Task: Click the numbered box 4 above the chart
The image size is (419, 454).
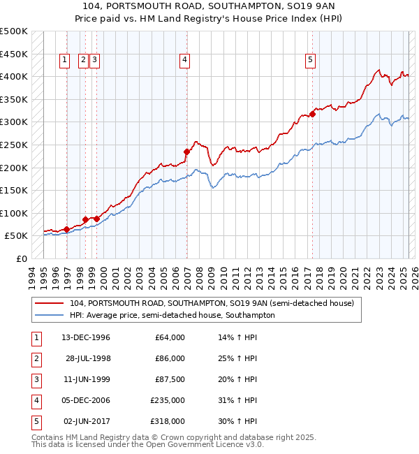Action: pyautogui.click(x=184, y=61)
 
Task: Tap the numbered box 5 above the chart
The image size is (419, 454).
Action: pyautogui.click(x=309, y=61)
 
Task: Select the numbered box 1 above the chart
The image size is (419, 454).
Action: pyautogui.click(x=64, y=61)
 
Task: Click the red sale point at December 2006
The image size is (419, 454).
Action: pyautogui.click(x=186, y=152)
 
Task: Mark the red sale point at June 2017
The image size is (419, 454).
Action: pyautogui.click(x=312, y=114)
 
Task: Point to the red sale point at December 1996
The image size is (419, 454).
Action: pyautogui.click(x=66, y=229)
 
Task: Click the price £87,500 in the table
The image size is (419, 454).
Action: pyautogui.click(x=170, y=379)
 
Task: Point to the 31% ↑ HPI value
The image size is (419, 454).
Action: pyautogui.click(x=238, y=400)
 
